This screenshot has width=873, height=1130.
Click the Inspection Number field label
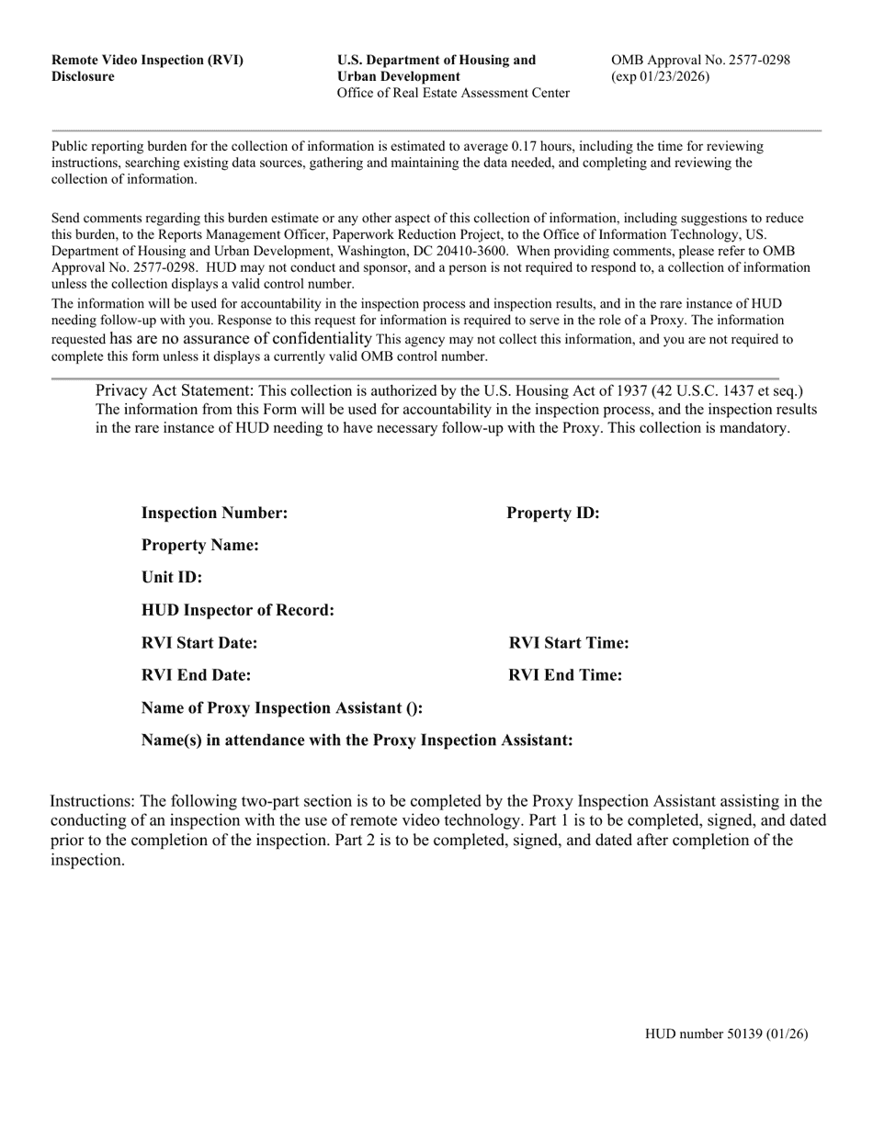pos(214,513)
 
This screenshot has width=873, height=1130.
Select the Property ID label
pos(552,513)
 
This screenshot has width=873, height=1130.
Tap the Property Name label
pos(199,546)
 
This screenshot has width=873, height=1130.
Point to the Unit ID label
pos(172,578)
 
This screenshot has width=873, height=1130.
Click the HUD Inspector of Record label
pos(237,610)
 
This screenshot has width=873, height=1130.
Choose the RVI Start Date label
pos(199,643)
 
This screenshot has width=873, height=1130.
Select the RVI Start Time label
pos(569,643)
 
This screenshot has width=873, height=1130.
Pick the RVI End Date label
pos(196,675)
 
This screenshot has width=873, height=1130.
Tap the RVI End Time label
pos(565,675)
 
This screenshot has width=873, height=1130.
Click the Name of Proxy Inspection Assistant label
pos(281,708)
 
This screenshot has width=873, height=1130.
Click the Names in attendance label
pos(357,740)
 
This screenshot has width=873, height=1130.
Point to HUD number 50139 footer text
pos(726,1034)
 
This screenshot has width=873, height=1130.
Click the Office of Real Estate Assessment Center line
pos(453,93)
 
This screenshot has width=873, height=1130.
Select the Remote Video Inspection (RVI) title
pos(147,61)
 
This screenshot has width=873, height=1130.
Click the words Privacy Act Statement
pos(174,390)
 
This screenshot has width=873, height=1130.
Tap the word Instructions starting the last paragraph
pos(92,801)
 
